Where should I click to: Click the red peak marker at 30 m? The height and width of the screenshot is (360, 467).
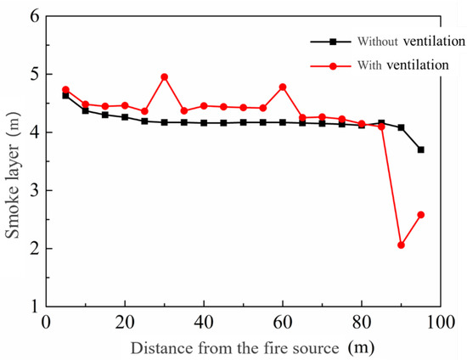click(x=164, y=76)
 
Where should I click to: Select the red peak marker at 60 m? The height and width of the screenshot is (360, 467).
click(x=283, y=87)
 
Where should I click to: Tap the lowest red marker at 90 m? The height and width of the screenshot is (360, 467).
click(x=401, y=245)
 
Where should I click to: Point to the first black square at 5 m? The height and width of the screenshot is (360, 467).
click(x=65, y=95)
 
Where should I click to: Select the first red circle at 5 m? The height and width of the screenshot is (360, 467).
click(x=65, y=89)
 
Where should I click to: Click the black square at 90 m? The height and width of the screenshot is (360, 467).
click(x=401, y=127)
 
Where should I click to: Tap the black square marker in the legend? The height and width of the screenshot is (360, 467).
click(x=321, y=41)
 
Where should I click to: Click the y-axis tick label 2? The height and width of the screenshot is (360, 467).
click(x=35, y=249)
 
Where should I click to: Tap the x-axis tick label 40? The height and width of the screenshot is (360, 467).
click(x=204, y=322)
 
